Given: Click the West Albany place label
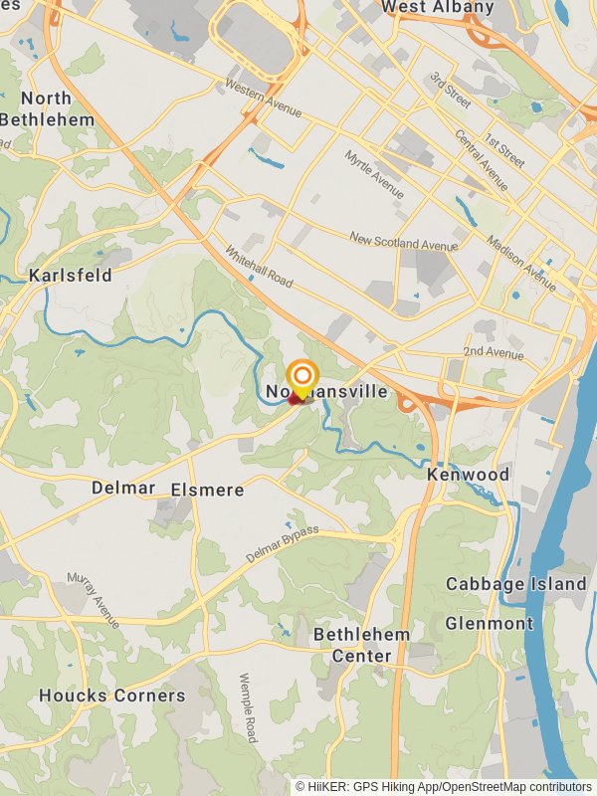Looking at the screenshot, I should point(438,8).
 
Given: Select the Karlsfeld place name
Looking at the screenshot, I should point(70,275).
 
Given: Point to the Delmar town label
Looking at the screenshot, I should point(123,488).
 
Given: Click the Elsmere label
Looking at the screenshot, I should point(207,490).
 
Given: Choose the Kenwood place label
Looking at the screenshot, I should point(468,475).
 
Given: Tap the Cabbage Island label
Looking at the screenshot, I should point(515,584).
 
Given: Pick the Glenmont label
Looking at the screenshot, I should point(489,623).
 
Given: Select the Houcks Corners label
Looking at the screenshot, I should point(112,696).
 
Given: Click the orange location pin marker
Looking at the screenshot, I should point(301,379).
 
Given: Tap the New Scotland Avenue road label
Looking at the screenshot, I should point(403,241).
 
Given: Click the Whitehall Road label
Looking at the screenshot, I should point(259,267).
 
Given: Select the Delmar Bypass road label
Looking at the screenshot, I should point(283,542).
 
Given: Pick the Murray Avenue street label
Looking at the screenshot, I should point(94,599).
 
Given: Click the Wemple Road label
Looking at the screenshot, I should point(248,707).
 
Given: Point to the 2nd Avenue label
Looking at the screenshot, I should point(493,353).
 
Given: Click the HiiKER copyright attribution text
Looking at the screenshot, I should point(443,786).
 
